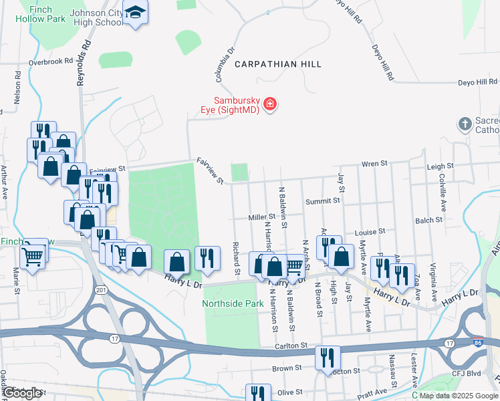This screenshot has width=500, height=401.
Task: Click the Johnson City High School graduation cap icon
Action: [136, 13]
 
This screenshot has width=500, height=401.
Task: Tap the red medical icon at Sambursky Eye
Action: [270, 104]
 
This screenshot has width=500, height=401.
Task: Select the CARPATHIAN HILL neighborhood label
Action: [277, 64]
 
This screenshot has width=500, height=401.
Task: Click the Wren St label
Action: [374, 163]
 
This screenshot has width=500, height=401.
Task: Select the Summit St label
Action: [324, 200]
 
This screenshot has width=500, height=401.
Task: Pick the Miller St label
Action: [262, 217]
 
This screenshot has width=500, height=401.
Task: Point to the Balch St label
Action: [428, 220]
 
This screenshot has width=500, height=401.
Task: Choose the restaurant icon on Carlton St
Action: [328, 356]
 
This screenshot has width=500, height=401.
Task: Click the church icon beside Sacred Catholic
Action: [465, 124]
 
